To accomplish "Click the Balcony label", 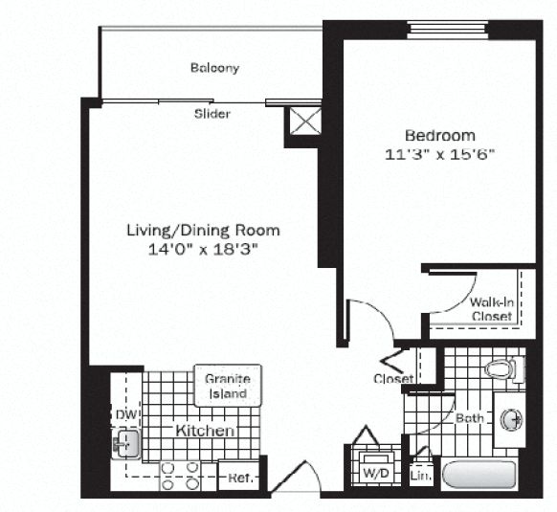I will coord(213,68).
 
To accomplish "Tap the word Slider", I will coord(212,114).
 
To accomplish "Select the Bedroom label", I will coord(439,135).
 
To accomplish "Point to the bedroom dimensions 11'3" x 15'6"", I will coord(439,153).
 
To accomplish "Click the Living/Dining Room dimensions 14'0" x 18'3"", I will coord(203,249).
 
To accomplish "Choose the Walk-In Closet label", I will coord(491,309).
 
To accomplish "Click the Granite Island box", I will coord(227,386).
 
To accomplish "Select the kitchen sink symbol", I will coord(124,443).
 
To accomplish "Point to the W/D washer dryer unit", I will coord(371,471).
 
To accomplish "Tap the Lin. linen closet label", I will coord(420,474).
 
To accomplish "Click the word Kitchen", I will coord(205,432).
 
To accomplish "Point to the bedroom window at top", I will coord(447,27).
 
